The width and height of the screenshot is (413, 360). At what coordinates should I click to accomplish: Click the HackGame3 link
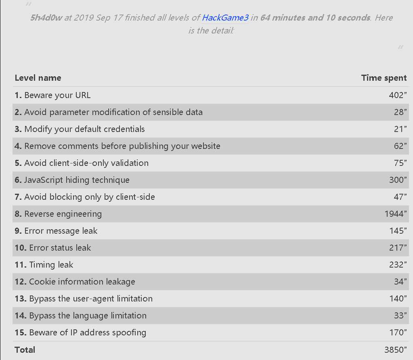click(225, 18)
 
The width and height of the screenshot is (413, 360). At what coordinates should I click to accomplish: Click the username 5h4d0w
click(46, 18)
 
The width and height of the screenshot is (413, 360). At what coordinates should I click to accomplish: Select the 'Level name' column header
click(38, 78)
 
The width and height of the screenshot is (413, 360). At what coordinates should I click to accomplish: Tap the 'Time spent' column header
click(384, 78)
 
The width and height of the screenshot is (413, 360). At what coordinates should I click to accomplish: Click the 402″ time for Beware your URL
click(396, 95)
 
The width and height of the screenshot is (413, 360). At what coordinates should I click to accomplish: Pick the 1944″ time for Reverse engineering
click(394, 214)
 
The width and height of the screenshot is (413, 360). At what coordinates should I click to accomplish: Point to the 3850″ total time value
click(395, 350)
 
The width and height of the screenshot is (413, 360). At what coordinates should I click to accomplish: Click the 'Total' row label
click(25, 350)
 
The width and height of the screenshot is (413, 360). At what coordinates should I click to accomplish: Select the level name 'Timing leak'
click(51, 265)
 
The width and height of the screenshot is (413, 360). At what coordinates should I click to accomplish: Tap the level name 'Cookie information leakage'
click(82, 282)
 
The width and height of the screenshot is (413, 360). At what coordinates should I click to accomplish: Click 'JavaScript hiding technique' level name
click(77, 180)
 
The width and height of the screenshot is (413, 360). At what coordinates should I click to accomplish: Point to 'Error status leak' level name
click(60, 248)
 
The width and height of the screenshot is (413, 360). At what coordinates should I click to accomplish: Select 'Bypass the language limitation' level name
click(88, 316)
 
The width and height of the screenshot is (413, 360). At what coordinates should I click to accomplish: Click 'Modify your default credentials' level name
click(84, 129)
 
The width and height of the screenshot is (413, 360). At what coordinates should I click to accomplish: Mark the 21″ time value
click(400, 129)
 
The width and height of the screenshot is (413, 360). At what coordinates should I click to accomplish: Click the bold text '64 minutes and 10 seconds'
click(315, 18)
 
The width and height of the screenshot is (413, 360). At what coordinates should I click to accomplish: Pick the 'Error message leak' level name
click(61, 231)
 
